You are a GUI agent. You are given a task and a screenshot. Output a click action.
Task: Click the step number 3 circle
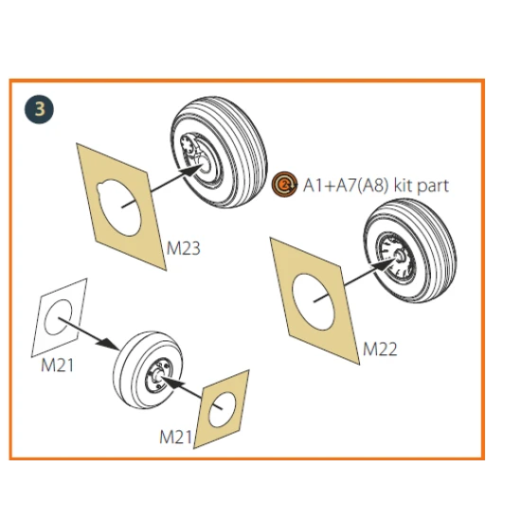click(39, 109)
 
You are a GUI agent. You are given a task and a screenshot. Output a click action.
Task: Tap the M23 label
click(184, 248)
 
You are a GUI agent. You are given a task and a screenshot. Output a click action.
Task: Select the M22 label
click(380, 350)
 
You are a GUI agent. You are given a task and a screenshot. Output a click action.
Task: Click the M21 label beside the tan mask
click(176, 437)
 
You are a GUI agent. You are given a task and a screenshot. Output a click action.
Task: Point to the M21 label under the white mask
click(57, 365)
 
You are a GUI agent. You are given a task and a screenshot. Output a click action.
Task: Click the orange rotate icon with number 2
click(284, 184)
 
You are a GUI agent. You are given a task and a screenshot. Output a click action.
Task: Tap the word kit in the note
click(403, 185)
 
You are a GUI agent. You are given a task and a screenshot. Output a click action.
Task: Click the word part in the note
click(433, 186)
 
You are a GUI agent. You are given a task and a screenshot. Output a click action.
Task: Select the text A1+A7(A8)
click(346, 185)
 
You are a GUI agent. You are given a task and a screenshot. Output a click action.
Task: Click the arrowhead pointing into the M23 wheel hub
click(191, 170)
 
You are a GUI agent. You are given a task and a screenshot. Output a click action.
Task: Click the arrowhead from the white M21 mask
click(108, 344)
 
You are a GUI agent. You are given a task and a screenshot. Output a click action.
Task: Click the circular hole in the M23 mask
click(118, 208)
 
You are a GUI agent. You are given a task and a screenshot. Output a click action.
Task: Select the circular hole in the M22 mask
click(313, 302)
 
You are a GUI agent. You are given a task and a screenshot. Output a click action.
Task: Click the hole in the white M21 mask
click(58, 317)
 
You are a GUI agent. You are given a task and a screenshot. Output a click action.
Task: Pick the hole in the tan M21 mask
click(223, 409)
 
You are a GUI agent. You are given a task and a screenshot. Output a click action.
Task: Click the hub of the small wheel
click(158, 375)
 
